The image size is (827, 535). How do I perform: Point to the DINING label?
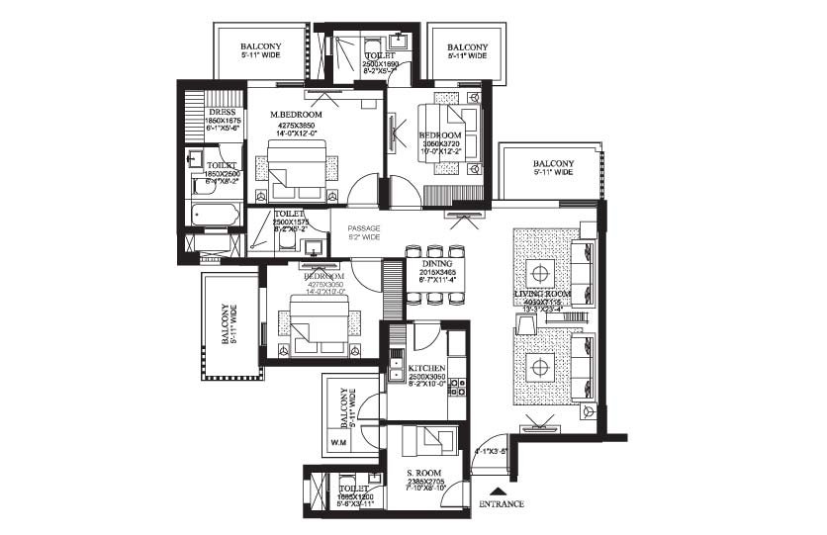[436, 262]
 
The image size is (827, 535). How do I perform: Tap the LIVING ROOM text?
[544, 296]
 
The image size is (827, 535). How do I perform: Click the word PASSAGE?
[363, 228]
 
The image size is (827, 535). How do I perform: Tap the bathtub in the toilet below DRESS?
[214, 215]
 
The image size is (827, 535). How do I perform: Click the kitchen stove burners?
[457, 387]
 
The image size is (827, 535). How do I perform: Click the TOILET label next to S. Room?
[353, 488]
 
